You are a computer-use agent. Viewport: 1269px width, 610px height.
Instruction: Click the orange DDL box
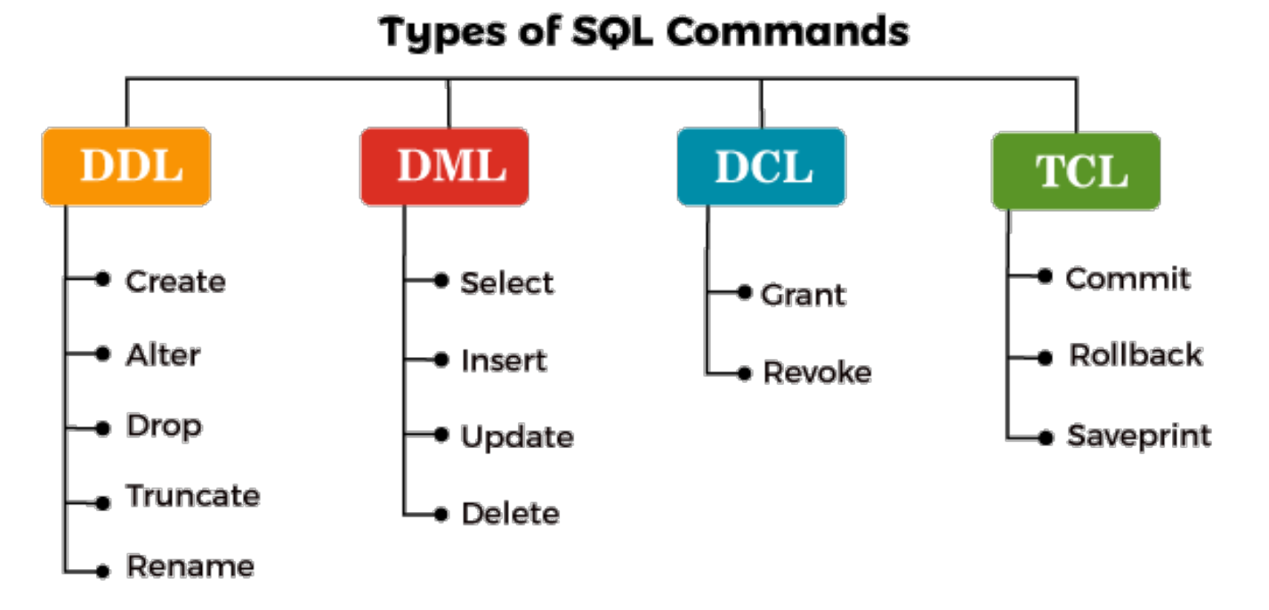(126, 167)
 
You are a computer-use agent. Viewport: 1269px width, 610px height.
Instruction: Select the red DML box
(444, 167)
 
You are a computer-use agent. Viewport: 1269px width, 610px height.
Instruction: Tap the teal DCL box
(761, 167)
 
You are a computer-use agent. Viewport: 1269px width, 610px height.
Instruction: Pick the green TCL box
(1076, 171)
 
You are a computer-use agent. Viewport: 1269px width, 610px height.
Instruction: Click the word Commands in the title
(787, 33)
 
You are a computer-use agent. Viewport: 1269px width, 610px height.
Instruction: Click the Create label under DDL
(175, 281)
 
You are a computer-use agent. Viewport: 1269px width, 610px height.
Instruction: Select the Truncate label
(193, 495)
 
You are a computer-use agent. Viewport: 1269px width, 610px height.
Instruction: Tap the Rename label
(190, 566)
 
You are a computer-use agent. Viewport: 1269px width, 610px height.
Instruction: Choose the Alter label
(163, 354)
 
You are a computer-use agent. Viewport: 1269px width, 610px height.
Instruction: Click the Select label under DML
(507, 283)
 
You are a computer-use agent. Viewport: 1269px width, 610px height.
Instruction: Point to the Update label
(517, 437)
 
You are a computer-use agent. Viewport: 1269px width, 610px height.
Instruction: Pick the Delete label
(510, 514)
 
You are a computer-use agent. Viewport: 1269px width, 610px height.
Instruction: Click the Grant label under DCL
(804, 295)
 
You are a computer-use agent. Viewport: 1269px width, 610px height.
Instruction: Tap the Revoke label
(817, 372)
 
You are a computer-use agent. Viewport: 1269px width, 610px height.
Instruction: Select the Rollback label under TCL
(1136, 355)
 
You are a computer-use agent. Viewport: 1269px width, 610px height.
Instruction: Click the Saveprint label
(1139, 436)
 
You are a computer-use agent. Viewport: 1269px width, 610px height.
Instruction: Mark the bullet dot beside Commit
(1046, 276)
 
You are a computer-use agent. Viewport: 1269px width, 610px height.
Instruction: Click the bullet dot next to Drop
(103, 426)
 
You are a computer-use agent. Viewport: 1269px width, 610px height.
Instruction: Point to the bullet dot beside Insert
(441, 360)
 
